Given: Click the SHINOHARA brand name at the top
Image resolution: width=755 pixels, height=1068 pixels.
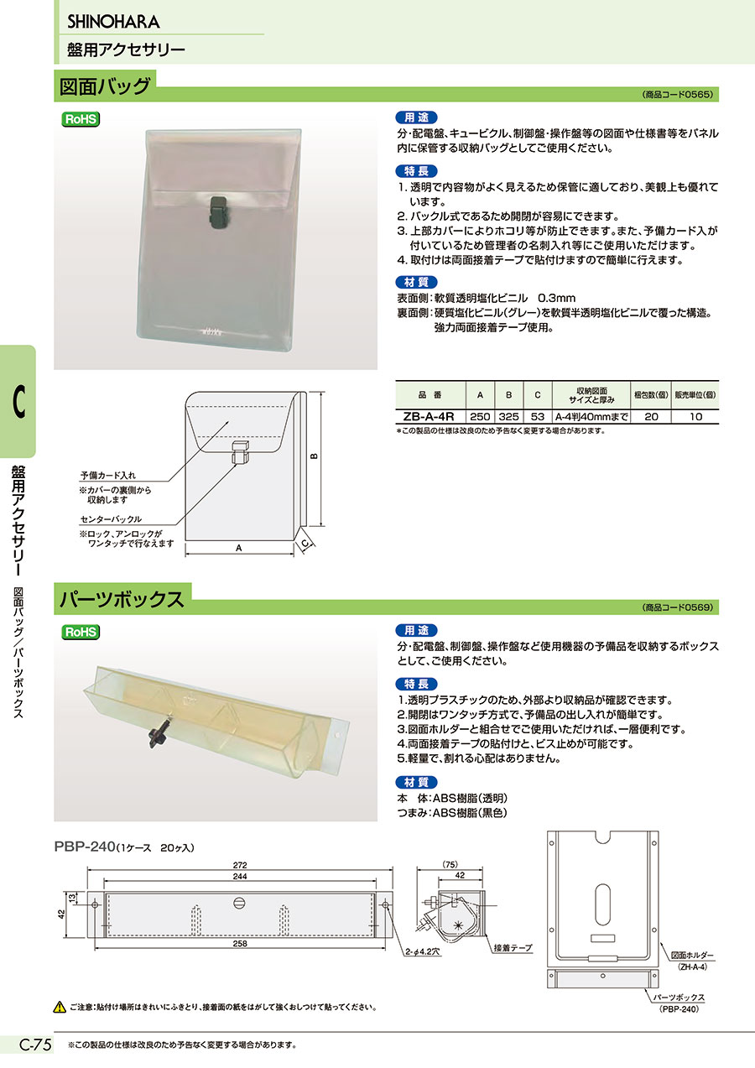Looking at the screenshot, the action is coord(113,22).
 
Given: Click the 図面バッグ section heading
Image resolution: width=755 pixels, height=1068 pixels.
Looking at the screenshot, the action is coord(106,86).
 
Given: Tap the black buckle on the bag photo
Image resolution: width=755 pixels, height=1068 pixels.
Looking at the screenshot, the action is coord(217,210).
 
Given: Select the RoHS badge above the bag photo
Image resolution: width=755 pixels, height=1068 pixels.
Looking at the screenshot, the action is coord(81,119).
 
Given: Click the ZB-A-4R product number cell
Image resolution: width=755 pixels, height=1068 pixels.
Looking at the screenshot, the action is coord(429,416).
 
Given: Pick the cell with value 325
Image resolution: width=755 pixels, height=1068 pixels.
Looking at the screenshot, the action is coord(508,416).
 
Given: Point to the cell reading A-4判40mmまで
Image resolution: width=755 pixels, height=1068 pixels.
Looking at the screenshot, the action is coord(591,416).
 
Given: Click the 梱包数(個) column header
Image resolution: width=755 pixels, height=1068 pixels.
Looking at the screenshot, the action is coord(651,395).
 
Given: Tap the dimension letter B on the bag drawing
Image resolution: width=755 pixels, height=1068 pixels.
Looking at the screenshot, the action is coord(314,456).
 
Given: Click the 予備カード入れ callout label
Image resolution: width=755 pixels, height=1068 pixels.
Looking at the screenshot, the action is coord(108,476).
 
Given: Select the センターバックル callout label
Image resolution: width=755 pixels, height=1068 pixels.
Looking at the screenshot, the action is coord(111,518).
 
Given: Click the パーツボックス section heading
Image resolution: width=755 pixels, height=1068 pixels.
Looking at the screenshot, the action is coord(122,599).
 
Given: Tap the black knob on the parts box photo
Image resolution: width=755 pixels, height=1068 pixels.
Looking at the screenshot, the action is coord(159,736).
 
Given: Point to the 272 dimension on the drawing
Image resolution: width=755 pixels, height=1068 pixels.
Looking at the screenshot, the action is coord(240,864).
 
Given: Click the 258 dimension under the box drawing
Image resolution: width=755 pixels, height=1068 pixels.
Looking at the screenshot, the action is coord(240,943).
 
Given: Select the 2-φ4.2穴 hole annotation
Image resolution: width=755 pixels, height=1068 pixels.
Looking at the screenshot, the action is coord(423,951).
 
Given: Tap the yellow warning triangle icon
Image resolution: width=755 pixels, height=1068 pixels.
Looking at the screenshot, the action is coord(60,1008).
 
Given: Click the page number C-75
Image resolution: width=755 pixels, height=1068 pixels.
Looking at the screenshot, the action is coord(35,1045).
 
